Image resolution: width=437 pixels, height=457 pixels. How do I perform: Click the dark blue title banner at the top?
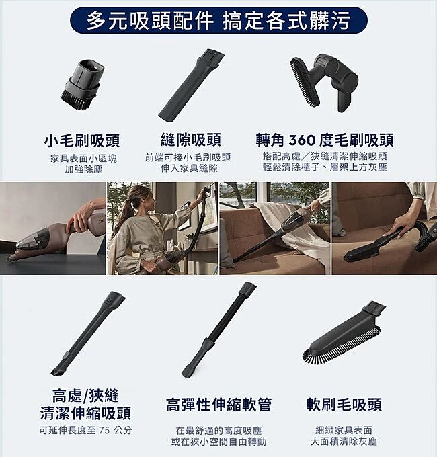pos(218,21)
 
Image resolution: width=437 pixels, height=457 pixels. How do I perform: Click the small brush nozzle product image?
pos(82,85)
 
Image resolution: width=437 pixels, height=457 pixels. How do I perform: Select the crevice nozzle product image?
pos(191,84)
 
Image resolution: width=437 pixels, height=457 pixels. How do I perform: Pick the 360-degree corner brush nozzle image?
pos(323,83)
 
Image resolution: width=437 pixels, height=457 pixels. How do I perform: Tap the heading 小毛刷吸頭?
pos(82,140)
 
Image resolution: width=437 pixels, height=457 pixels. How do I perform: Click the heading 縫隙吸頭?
pos(191,140)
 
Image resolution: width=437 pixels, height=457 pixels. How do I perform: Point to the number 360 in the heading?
pos(302,140)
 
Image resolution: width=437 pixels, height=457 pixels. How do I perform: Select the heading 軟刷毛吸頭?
pos(344,405)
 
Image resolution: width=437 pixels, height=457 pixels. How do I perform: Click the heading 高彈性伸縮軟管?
pos(218,405)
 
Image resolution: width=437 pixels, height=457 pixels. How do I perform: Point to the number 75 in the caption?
pos(104,430)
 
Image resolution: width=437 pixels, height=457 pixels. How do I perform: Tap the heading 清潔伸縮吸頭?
pos(85,413)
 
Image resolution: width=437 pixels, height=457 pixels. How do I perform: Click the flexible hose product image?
pos(219,329)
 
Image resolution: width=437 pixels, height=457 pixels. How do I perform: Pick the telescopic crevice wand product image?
pos(88,333)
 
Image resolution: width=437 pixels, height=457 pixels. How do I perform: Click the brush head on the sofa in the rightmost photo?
pos(376,246)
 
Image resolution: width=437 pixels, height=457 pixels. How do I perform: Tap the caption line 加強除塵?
pos(83,169)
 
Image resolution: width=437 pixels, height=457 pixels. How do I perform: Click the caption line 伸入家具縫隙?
pos(189,168)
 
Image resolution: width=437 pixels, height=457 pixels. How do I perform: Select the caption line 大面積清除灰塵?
pos(344,442)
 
